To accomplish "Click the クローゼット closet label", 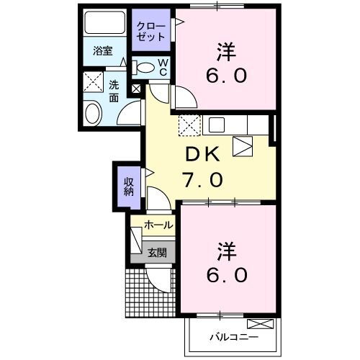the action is (151, 32).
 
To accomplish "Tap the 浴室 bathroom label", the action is (103, 51).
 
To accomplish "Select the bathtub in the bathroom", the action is (105, 22).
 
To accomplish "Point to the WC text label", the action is (163, 67).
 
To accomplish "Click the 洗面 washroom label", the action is (114, 91).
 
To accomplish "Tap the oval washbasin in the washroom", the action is (93, 113).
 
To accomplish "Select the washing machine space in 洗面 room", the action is (93, 81).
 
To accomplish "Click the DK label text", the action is (203, 154).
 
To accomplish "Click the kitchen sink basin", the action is (217, 125).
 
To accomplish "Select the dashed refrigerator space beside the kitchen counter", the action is (189, 125).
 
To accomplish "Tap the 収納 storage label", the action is (129, 187).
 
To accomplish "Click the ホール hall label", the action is (158, 225).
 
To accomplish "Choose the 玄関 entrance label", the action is (157, 253).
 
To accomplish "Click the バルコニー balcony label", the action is (234, 337).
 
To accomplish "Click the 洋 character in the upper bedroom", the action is (226, 52).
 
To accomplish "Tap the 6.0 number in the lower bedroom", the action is (227, 275).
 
